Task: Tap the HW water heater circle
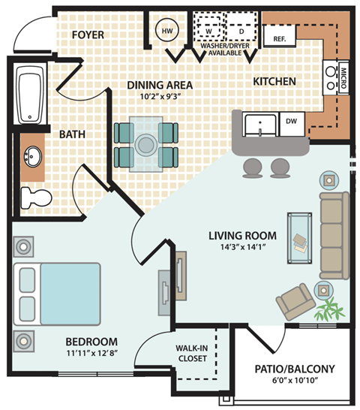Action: tap(166, 31)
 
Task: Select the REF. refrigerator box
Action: tap(278, 38)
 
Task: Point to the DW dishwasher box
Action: tap(292, 120)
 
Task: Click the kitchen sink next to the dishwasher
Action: tap(259, 123)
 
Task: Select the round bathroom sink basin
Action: tap(32, 158)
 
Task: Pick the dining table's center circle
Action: tap(145, 143)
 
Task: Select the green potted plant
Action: tap(328, 307)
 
